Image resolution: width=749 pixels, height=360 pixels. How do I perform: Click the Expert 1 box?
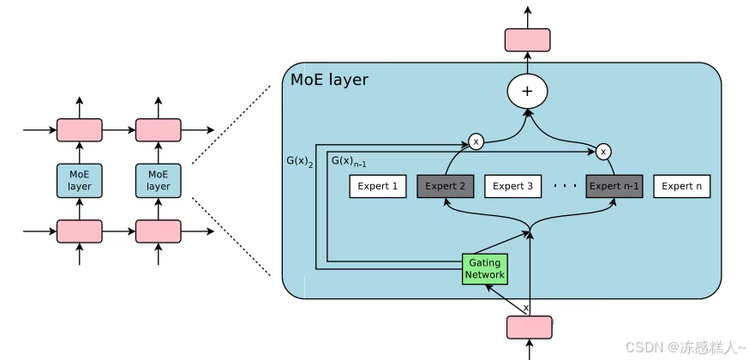(x=377, y=186)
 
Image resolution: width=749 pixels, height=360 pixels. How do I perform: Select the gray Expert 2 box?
(x=445, y=186)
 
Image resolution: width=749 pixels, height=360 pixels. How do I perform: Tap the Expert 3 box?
(x=512, y=186)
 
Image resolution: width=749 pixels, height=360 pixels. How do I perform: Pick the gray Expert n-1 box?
(x=614, y=186)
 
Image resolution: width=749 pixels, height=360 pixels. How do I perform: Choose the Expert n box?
(x=681, y=186)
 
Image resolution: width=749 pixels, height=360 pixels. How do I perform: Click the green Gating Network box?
(x=484, y=269)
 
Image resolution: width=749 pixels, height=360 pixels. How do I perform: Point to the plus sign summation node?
(x=527, y=91)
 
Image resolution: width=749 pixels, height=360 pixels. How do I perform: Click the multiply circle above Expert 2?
(x=476, y=141)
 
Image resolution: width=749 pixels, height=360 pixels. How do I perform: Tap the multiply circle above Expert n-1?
(x=603, y=152)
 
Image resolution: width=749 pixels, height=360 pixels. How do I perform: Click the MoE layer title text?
(x=329, y=81)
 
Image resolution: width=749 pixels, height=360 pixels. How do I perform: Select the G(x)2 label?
(x=300, y=160)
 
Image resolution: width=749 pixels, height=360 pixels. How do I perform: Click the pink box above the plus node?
(x=527, y=39)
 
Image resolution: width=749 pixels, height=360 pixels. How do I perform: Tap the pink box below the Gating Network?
(x=529, y=327)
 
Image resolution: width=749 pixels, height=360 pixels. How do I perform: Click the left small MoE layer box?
(x=80, y=180)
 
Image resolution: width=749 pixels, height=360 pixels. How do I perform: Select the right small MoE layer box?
(x=159, y=180)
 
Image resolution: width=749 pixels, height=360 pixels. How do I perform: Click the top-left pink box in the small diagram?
(x=80, y=130)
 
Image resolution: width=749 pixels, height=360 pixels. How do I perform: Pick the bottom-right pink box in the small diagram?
(x=159, y=231)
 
